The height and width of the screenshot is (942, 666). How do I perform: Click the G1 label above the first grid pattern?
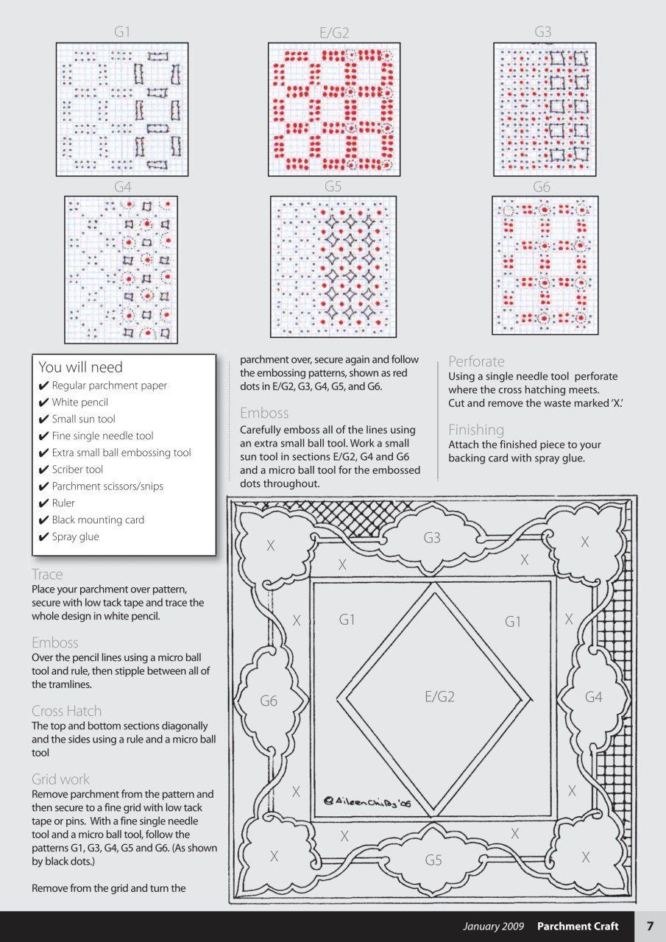pyautogui.click(x=122, y=32)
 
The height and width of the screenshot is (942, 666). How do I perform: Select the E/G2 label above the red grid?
pyautogui.click(x=334, y=32)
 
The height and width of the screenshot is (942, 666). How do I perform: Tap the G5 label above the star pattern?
pyautogui.click(x=333, y=187)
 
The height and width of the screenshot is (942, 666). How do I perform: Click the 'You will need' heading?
pyautogui.click(x=80, y=367)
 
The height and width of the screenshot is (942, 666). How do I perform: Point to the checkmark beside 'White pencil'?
pyautogui.click(x=43, y=403)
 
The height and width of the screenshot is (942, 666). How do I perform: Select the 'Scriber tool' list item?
pyautogui.click(x=77, y=470)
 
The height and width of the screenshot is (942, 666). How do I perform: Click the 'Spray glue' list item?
pyautogui.click(x=75, y=536)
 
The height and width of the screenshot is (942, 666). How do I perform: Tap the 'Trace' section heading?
pyautogui.click(x=47, y=574)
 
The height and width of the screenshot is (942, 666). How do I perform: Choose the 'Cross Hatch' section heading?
pyautogui.click(x=66, y=711)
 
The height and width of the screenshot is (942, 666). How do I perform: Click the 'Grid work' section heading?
pyautogui.click(x=60, y=779)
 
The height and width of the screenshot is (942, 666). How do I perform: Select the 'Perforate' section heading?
pyautogui.click(x=476, y=361)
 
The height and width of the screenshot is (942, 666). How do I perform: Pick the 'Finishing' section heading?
pyautogui.click(x=476, y=430)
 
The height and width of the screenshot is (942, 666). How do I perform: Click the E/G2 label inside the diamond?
pyautogui.click(x=439, y=696)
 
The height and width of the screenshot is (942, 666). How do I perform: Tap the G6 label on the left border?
pyautogui.click(x=269, y=701)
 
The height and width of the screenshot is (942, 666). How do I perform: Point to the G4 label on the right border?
pyautogui.click(x=593, y=696)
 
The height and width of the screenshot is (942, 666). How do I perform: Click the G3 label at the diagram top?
pyautogui.click(x=432, y=538)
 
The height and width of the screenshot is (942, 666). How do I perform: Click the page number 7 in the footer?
pyautogui.click(x=650, y=927)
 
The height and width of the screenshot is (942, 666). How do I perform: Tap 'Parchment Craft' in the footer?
pyautogui.click(x=578, y=927)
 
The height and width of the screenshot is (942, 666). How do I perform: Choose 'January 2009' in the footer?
pyautogui.click(x=493, y=927)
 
